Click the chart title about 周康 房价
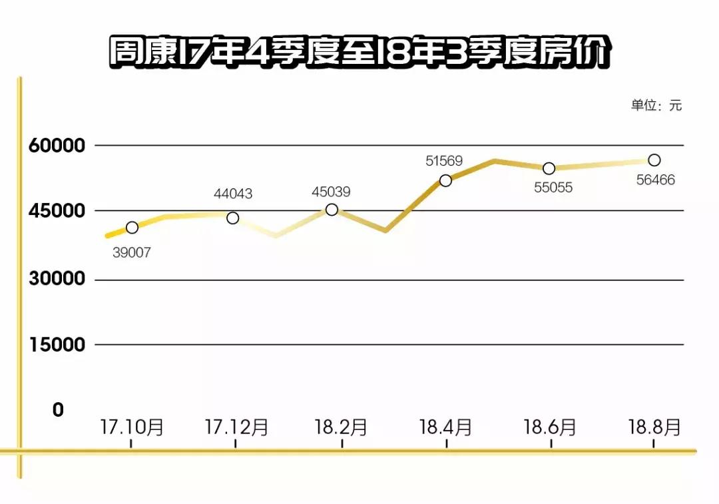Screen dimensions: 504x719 [x=359, y=53]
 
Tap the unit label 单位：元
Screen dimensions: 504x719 [x=656, y=105]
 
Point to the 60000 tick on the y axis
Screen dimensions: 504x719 [x=58, y=146]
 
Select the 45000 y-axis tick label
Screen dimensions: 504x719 [x=58, y=211]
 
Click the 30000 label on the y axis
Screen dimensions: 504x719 [x=58, y=279]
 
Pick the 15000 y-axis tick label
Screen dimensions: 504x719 [x=58, y=345]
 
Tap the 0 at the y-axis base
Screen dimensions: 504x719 [x=59, y=410]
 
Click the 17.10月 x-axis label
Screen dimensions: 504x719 [x=132, y=427]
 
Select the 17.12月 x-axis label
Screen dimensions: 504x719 [x=236, y=427]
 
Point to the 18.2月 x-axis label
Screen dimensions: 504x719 [x=341, y=427]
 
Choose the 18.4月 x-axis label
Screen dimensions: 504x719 [x=445, y=427]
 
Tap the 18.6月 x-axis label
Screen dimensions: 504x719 [x=550, y=427]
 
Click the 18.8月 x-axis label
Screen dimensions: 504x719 [x=655, y=427]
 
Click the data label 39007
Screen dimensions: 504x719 [x=132, y=253]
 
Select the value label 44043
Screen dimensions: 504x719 [x=233, y=194]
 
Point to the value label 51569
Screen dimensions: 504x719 [x=444, y=160]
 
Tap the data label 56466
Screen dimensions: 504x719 [x=655, y=180]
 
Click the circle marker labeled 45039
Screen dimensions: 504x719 [x=332, y=210]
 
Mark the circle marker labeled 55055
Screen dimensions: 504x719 [x=549, y=168]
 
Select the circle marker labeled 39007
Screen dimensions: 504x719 [x=132, y=228]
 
